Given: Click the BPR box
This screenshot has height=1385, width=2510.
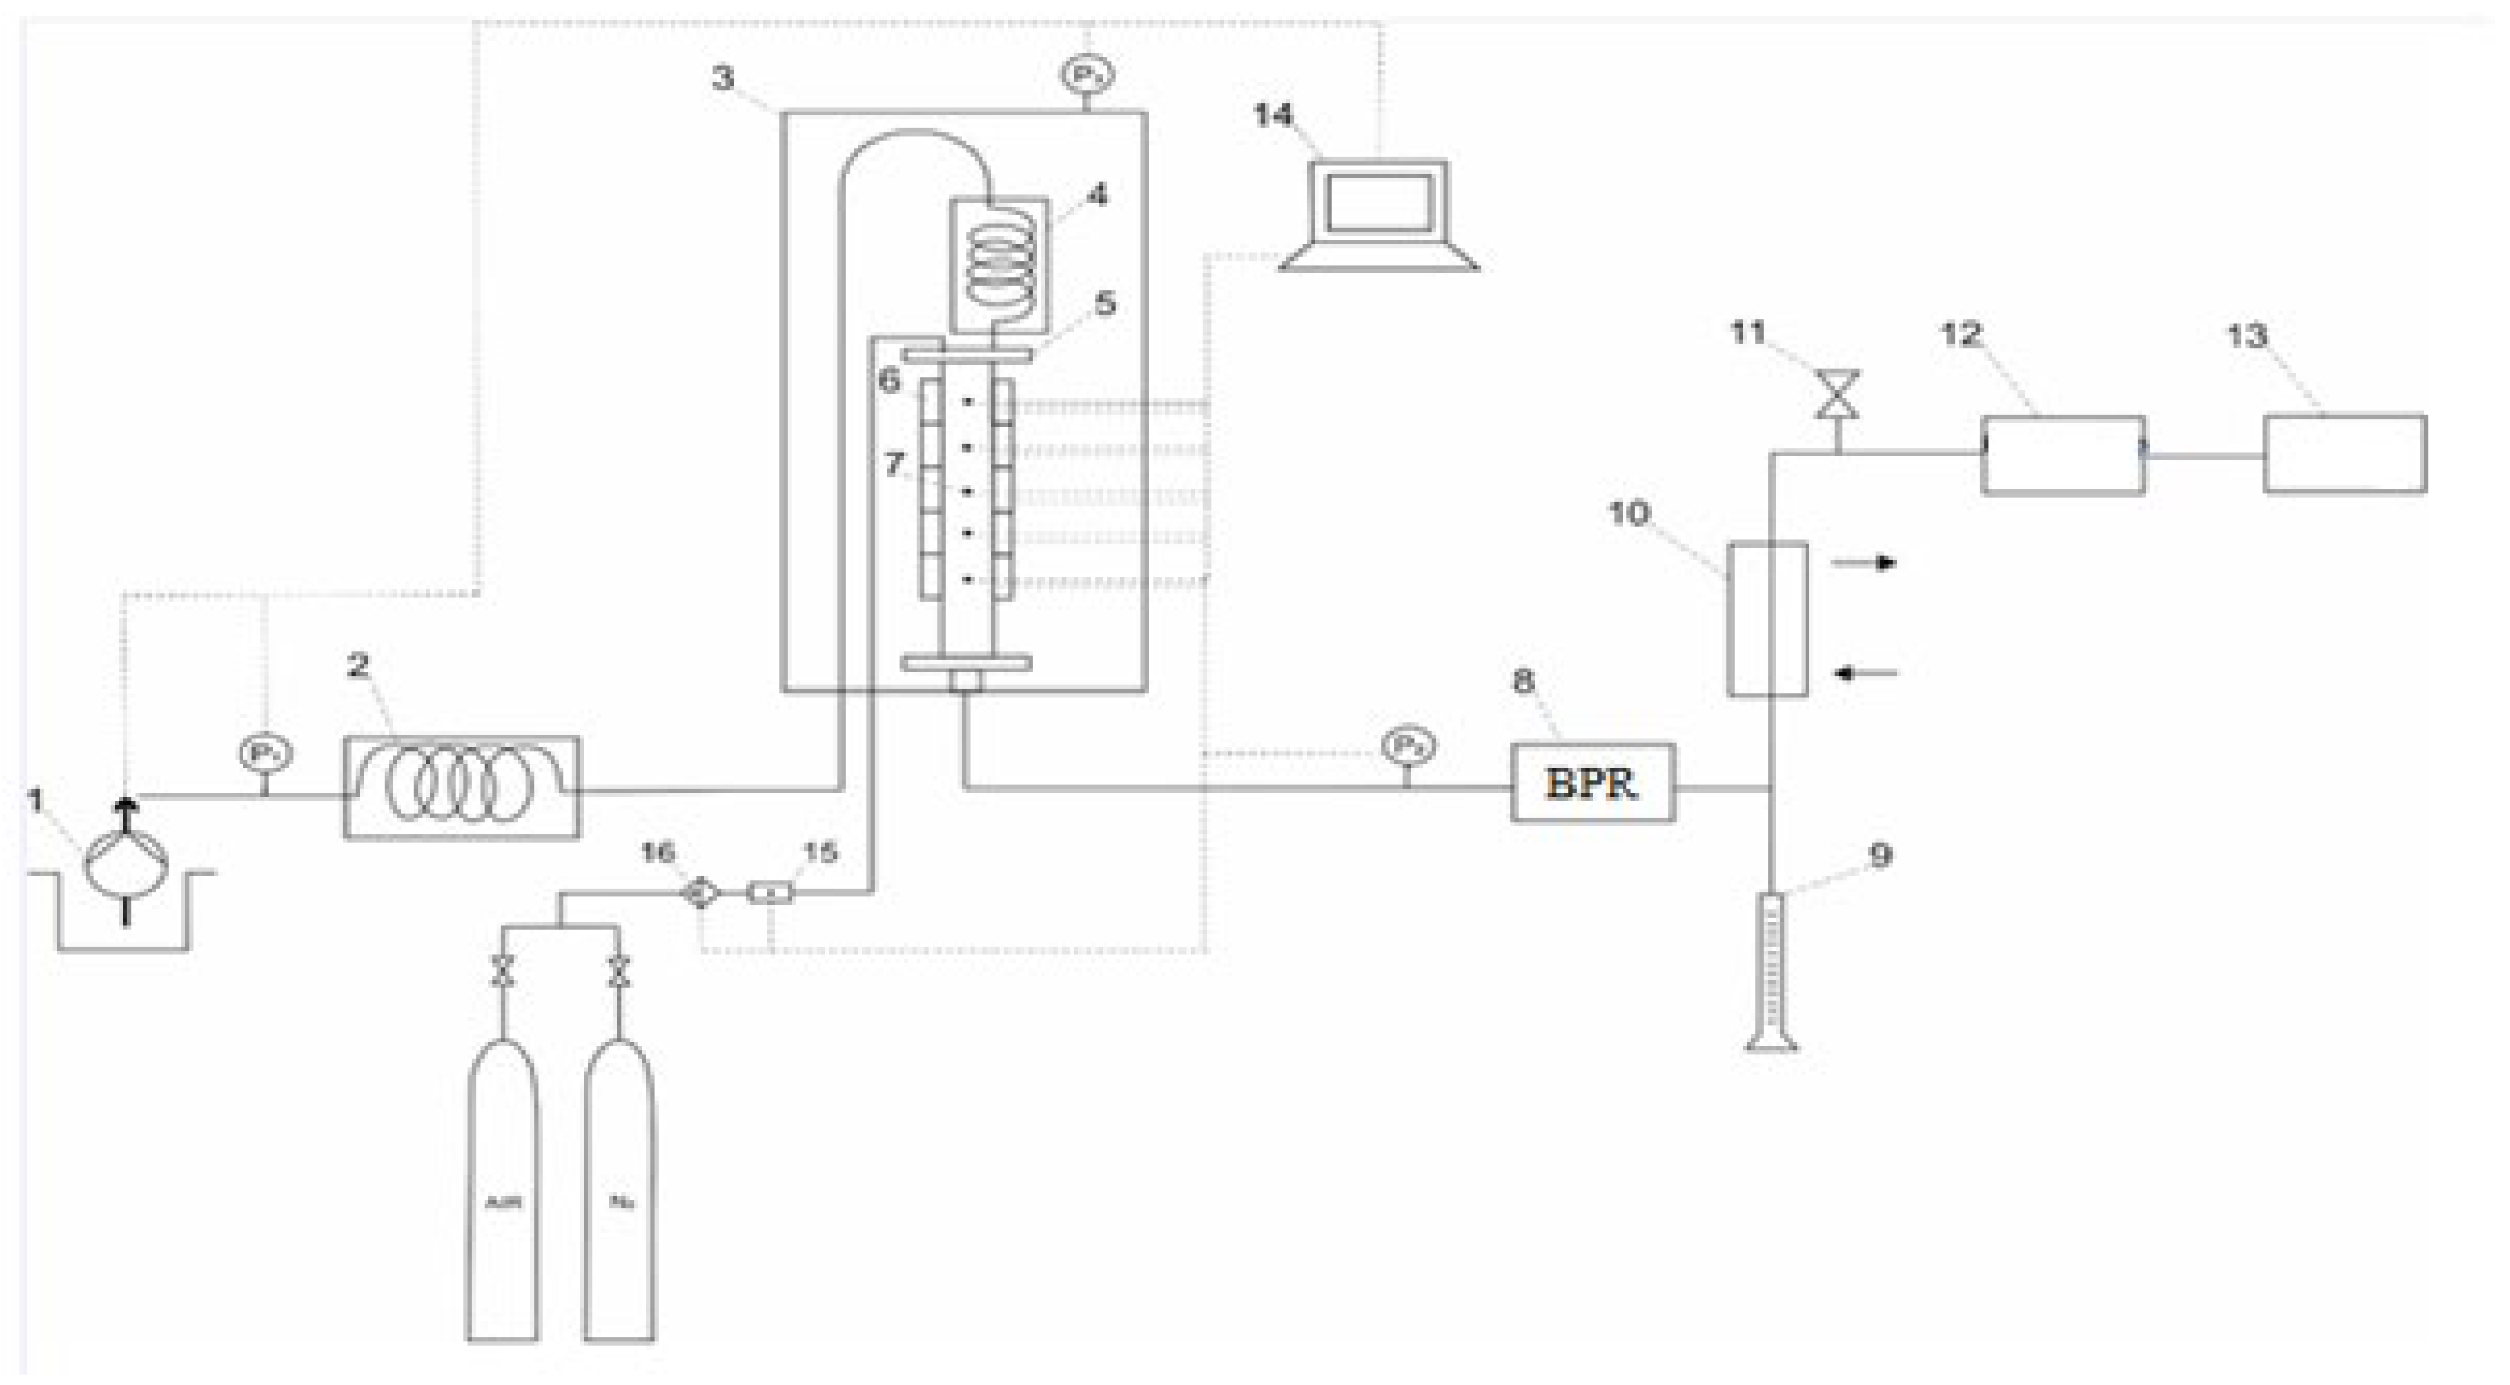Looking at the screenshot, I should [1592, 782].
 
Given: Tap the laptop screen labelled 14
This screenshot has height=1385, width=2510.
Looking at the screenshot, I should [1378, 203].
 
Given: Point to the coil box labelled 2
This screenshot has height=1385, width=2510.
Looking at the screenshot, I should [461, 786].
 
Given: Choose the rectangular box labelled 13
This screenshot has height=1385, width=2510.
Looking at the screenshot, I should [2344, 454].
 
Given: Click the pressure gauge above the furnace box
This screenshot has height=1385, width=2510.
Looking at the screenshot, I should [1088, 74].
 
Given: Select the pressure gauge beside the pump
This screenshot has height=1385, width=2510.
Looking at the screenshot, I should [265, 753].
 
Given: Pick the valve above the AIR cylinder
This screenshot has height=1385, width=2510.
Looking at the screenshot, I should [503, 971].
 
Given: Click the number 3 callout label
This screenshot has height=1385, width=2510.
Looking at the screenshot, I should [722, 78].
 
